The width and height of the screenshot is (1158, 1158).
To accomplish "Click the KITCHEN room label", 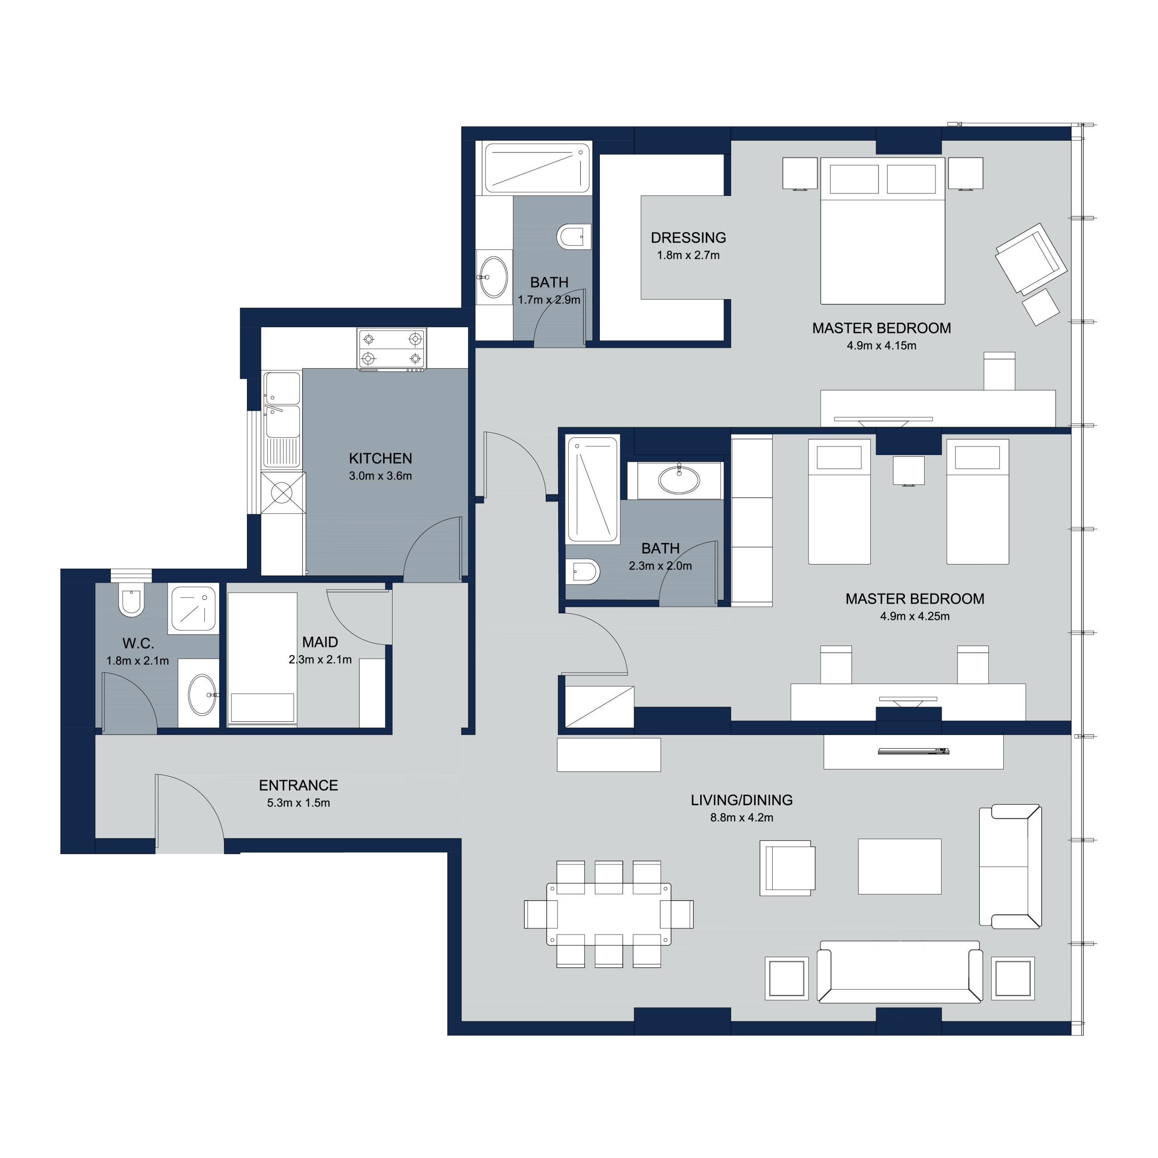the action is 380,459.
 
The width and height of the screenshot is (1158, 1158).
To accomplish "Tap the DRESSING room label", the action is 688,238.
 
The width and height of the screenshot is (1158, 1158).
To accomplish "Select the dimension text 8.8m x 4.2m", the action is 741,817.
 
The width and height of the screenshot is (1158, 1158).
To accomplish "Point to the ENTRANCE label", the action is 298,785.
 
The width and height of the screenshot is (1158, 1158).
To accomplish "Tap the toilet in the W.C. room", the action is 131,599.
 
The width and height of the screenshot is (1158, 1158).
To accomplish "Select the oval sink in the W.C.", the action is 203,695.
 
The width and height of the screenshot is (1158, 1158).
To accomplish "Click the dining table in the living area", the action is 608,914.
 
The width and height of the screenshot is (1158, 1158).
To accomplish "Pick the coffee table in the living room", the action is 899,866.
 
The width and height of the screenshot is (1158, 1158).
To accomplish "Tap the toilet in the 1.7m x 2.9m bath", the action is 574,237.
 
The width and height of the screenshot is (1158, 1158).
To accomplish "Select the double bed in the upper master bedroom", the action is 882,231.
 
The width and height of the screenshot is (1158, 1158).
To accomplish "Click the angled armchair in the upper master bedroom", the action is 1031,259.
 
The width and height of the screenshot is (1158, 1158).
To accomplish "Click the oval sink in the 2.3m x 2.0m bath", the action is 679,480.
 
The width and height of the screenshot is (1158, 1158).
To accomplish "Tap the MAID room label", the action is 320,642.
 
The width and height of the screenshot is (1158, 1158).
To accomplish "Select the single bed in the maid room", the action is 262,660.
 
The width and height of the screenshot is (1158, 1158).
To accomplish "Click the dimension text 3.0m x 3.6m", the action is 380,476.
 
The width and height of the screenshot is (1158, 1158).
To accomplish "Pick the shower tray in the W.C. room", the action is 193,609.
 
